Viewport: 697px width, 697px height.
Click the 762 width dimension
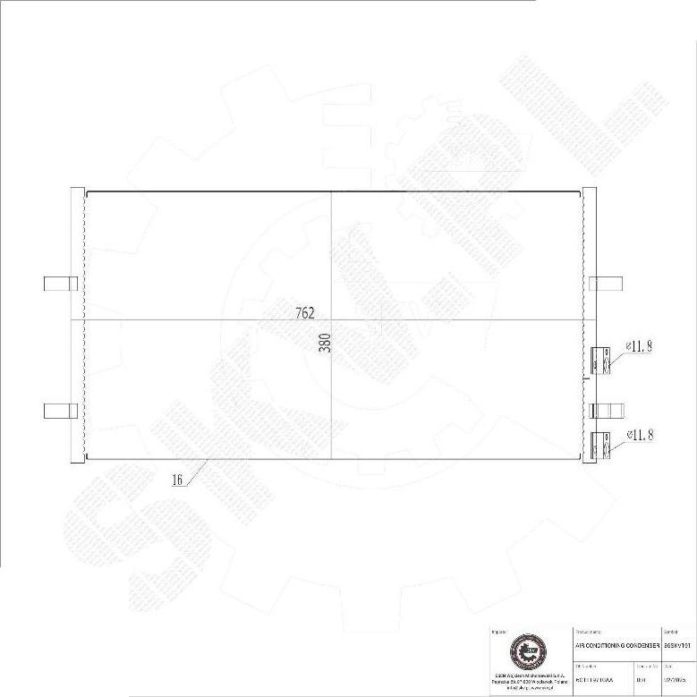[305, 313]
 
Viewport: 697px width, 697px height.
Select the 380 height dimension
[326, 343]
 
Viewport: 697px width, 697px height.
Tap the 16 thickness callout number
[177, 480]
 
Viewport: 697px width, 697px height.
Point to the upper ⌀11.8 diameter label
[639, 345]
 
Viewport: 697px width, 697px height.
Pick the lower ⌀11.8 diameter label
[639, 435]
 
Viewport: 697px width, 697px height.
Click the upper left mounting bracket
[61, 284]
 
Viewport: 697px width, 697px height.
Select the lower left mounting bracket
[61, 411]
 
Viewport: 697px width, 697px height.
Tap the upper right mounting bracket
[607, 284]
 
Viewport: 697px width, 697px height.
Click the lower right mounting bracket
[607, 411]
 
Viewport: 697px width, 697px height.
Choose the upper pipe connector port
[599, 360]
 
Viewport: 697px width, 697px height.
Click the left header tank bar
[77, 325]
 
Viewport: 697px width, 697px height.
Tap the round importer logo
[526, 651]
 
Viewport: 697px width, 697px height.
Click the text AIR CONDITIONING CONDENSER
[616, 644]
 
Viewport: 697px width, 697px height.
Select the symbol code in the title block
[677, 644]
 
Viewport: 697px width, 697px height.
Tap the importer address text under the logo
[526, 683]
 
